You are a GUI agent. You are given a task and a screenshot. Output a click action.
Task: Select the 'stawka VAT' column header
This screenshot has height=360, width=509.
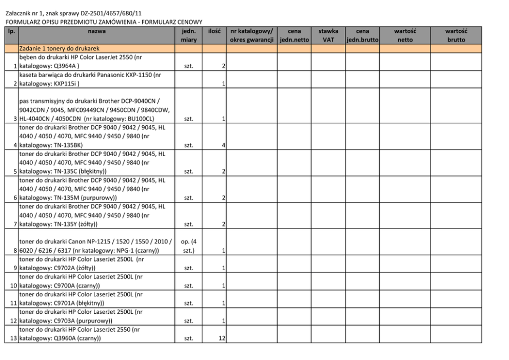click(327, 35)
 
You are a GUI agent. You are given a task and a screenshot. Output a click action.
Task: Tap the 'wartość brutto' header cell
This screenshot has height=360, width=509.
click(456, 35)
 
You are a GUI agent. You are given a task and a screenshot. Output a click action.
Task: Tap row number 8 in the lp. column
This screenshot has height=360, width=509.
click(15, 251)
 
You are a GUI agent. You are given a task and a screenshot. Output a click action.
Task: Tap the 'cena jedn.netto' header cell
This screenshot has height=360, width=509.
click(294, 35)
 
